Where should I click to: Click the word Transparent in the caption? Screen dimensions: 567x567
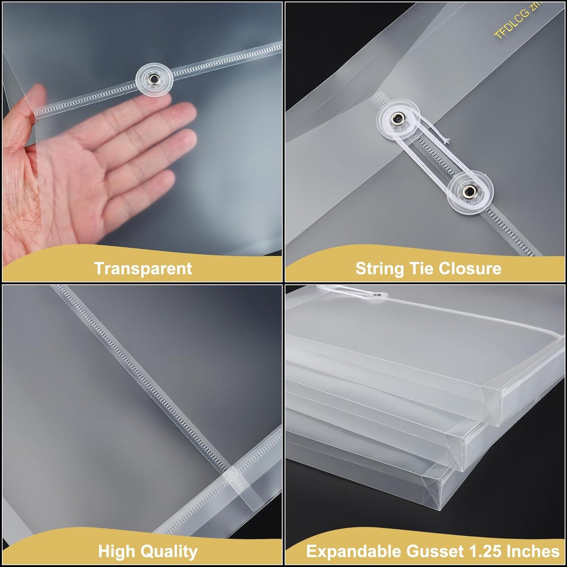143,268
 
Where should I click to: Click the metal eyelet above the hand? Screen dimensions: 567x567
154,80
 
